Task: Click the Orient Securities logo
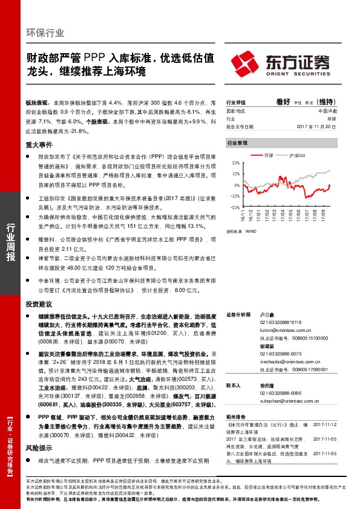coord(281,63)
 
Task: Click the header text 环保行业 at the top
coord(45,33)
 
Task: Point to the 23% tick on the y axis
coord(234,163)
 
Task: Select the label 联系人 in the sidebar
coord(234,384)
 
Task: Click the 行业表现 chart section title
coord(237,143)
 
